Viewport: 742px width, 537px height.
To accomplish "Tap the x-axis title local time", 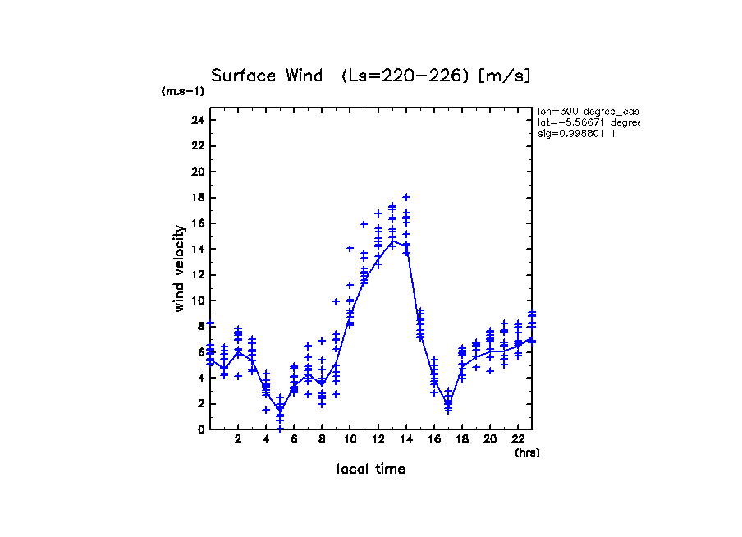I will (371, 469).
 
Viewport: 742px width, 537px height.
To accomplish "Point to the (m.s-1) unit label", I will (183, 91).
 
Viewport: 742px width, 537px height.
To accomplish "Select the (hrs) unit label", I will (527, 452).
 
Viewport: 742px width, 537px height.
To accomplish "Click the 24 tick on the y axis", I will (197, 120).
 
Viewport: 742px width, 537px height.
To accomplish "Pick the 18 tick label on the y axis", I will (197, 197).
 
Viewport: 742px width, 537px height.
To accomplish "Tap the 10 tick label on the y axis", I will (197, 301).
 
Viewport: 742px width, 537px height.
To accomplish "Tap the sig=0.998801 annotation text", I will (576, 133).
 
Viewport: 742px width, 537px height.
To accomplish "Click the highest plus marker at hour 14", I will (406, 197).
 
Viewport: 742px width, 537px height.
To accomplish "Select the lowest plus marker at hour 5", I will (280, 429).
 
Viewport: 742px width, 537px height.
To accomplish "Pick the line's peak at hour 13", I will (392, 241).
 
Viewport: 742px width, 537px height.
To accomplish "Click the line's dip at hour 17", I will (448, 403).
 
